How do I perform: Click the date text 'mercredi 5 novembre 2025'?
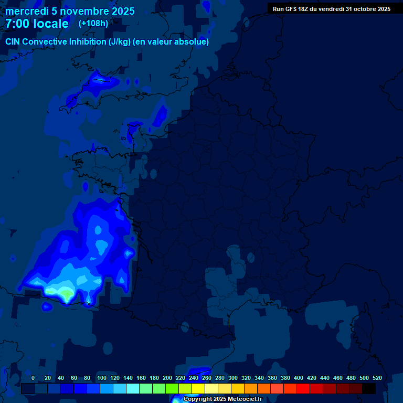point(70,11)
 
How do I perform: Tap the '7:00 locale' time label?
point(37,24)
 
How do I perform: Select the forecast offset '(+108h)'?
point(93,24)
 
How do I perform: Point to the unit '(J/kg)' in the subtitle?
point(121,42)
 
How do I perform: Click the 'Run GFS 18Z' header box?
point(331,9)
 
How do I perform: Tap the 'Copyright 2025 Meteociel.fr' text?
point(222,399)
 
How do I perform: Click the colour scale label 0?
point(33,378)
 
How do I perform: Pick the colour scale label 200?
point(167,378)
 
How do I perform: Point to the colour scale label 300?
point(233,378)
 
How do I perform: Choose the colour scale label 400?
point(299,378)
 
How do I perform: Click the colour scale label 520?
point(377,378)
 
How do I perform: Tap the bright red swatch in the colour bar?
point(303,389)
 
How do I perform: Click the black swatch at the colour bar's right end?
point(369,389)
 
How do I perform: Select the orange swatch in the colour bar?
point(251,389)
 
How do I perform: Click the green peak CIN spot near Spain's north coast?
point(66,292)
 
